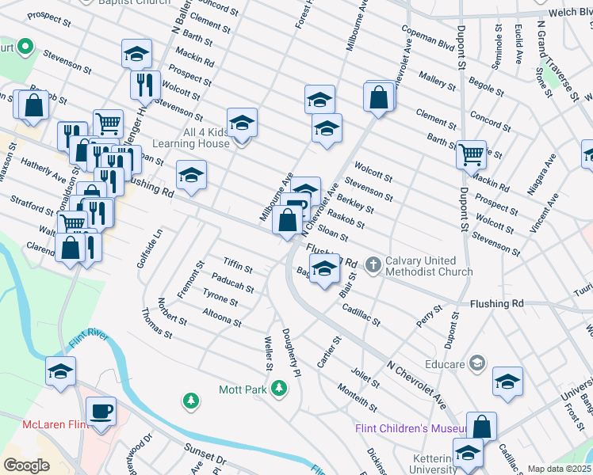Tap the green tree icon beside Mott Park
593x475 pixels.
pyautogui.click(x=278, y=388)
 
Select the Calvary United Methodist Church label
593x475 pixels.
pyautogui.click(x=429, y=266)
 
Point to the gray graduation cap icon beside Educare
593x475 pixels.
pyautogui.click(x=476, y=363)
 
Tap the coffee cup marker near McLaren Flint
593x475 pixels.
pyautogui.click(x=100, y=412)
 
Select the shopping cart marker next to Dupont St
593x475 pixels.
pyautogui.click(x=472, y=154)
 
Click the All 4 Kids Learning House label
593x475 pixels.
pyautogui.click(x=193, y=137)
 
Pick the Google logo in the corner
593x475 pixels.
pyautogui.click(x=27, y=465)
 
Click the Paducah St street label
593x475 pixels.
pyautogui.click(x=233, y=283)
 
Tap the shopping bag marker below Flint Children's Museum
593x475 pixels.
pyautogui.click(x=481, y=427)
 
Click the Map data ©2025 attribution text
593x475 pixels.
pyautogui.click(x=559, y=469)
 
